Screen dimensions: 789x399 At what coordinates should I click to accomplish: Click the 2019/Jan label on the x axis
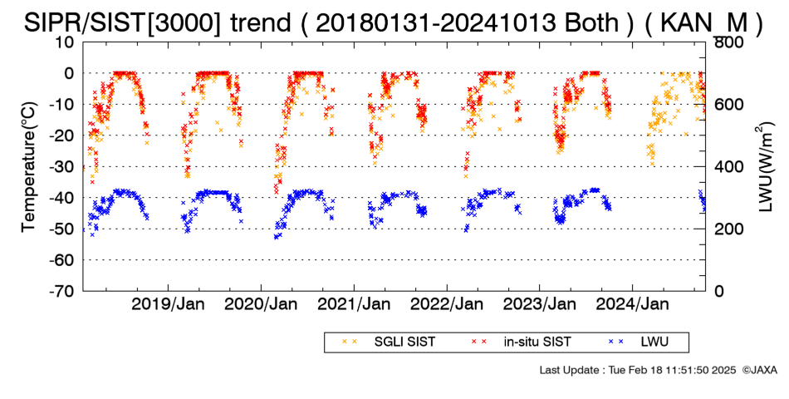point(168,304)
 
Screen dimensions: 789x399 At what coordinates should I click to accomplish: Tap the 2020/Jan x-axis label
point(261,304)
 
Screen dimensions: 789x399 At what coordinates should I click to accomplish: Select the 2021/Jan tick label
point(354,304)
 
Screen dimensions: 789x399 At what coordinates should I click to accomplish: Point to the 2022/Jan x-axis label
point(447,304)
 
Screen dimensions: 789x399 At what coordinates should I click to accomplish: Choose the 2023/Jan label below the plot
point(540,304)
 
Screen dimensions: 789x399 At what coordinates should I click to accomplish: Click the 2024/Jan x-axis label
point(633,304)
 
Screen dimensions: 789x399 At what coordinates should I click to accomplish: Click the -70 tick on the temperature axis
point(61,291)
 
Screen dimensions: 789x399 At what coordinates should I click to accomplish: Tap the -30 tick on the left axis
point(61,167)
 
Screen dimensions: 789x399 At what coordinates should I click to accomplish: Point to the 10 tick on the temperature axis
point(66,42)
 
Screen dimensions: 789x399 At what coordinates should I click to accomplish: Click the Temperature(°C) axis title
point(30,167)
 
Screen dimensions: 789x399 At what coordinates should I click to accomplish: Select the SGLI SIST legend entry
point(388,342)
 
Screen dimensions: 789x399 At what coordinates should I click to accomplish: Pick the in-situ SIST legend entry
point(521,342)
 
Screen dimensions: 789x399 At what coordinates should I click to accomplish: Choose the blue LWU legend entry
point(638,342)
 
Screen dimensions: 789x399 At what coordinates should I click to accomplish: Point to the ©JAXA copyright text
point(759,370)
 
